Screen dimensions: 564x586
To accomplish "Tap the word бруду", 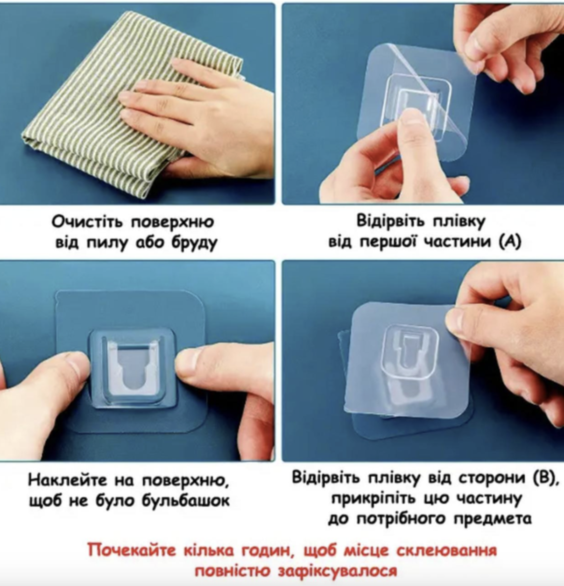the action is (x=194, y=243).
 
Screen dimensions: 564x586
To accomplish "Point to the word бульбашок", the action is (x=186, y=501).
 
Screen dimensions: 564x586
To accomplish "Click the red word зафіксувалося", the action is (x=337, y=571).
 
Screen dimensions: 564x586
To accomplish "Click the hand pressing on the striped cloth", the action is (x=198, y=117).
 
